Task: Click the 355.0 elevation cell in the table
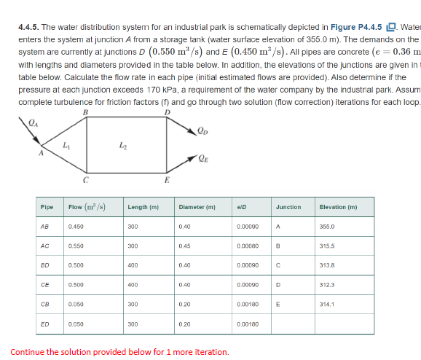pyautogui.click(x=326, y=227)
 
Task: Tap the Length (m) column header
pyautogui.click(x=143, y=207)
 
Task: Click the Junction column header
pyautogui.click(x=288, y=207)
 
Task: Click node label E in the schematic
pyautogui.click(x=168, y=179)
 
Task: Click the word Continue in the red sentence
pyautogui.click(x=28, y=352)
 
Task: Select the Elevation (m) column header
pyautogui.click(x=338, y=207)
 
